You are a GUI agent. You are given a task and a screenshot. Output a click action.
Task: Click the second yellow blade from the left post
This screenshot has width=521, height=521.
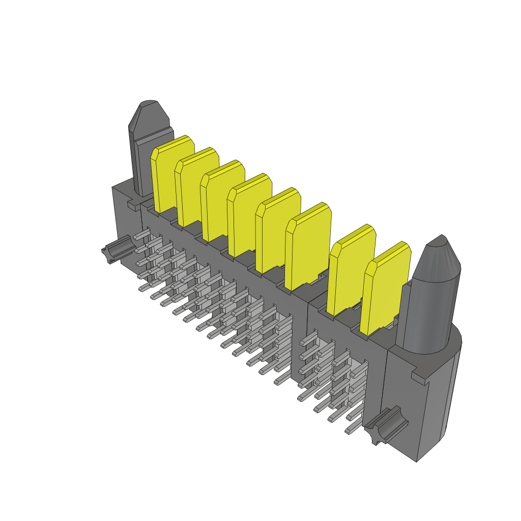click(x=196, y=186)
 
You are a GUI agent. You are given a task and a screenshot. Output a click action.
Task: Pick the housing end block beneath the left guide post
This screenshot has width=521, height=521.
click(x=126, y=224)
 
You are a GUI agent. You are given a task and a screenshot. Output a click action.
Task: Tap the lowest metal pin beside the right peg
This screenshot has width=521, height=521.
click(x=351, y=430)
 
